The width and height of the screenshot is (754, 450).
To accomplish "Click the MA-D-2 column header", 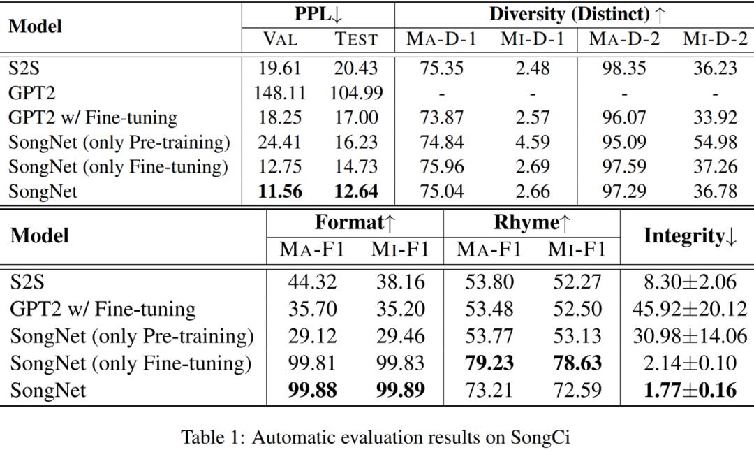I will [624, 39].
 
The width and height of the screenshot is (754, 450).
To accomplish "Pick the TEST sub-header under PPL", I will [355, 39].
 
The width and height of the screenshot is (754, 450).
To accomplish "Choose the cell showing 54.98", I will [715, 143].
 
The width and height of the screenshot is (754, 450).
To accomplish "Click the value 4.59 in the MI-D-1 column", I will [532, 143].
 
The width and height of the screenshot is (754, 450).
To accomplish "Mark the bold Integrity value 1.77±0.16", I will [689, 389].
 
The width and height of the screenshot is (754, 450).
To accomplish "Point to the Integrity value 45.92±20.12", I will [689, 309].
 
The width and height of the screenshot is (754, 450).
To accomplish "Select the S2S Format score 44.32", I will [312, 282].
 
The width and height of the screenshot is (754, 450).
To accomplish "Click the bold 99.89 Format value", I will [400, 389].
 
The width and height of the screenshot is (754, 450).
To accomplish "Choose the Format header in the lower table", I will [355, 223].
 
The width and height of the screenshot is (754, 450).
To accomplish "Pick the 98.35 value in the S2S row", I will [624, 68].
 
